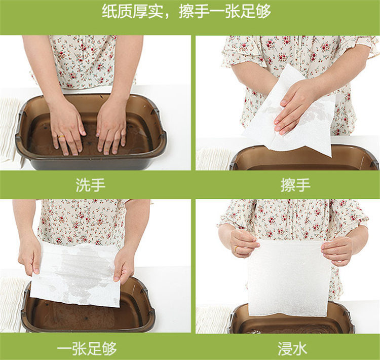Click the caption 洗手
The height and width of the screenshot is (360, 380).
pyautogui.click(x=91, y=185)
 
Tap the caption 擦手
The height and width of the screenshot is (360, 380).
pyautogui.click(x=295, y=185)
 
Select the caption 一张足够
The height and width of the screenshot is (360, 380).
pyautogui.click(x=87, y=349)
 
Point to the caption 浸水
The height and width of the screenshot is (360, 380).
pyautogui.click(x=292, y=349)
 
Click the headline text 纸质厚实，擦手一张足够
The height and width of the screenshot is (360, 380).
pyautogui.click(x=186, y=11)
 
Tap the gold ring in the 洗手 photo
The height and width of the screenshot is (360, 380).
pyautogui.click(x=61, y=136)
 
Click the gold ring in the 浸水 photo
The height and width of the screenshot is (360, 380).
pyautogui.click(x=236, y=248)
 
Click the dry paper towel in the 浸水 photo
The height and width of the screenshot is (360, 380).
pyautogui.click(x=288, y=279)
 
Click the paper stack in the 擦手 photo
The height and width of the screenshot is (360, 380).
pyautogui.click(x=213, y=159)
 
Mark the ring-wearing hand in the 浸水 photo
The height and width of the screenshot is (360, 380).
pyautogui.click(x=242, y=242)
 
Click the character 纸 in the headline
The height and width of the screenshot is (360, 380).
pyautogui.click(x=109, y=11)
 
